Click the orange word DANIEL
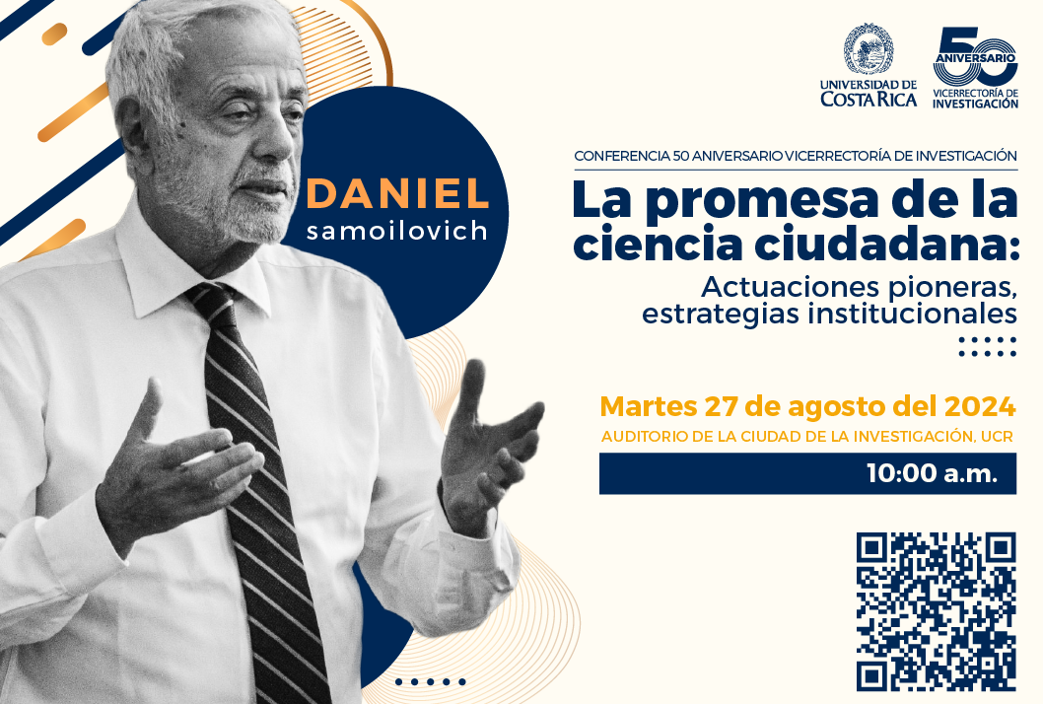point(397,193)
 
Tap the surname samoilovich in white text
point(397,231)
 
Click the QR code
point(936,612)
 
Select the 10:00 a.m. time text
point(932,473)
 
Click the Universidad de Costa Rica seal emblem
point(869,48)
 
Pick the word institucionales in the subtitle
point(912,314)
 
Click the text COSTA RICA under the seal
point(869,100)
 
